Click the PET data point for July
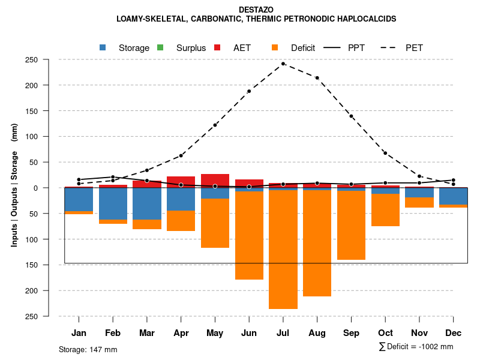click(x=283, y=64)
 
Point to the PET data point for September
click(x=351, y=116)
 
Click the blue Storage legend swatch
click(x=103, y=47)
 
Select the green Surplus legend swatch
click(x=160, y=47)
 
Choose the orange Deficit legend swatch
click(x=274, y=47)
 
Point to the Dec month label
click(x=453, y=333)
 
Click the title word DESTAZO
click(x=256, y=10)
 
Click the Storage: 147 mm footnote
click(x=88, y=349)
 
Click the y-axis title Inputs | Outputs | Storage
click(x=14, y=188)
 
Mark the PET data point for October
click(x=385, y=153)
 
